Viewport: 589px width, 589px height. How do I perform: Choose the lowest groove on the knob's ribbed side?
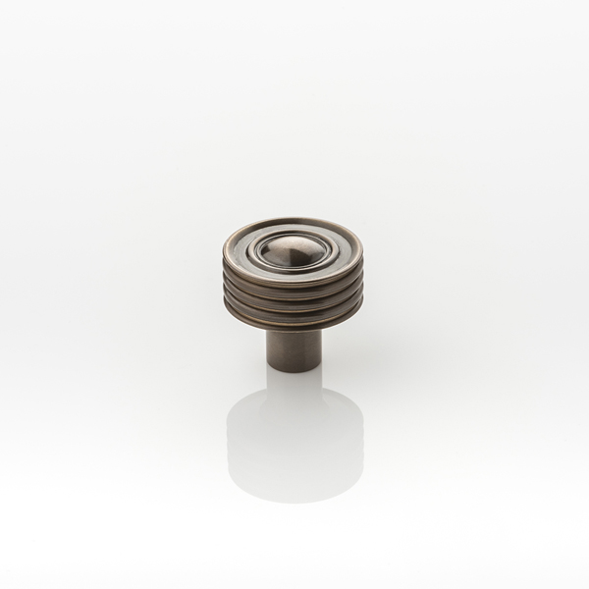294,314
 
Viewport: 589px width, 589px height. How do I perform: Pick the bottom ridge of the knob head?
294,322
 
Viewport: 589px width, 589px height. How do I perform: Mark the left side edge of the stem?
268,348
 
